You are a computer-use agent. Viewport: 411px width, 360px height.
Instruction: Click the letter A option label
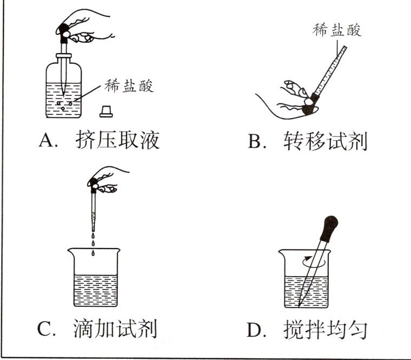click(x=48, y=141)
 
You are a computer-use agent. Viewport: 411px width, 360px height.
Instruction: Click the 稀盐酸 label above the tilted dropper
click(x=336, y=30)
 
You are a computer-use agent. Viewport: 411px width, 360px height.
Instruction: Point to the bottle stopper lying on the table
click(x=105, y=111)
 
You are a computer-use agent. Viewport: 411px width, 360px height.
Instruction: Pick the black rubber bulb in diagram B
click(x=309, y=106)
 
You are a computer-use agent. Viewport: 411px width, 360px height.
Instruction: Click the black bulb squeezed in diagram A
click(x=65, y=29)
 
